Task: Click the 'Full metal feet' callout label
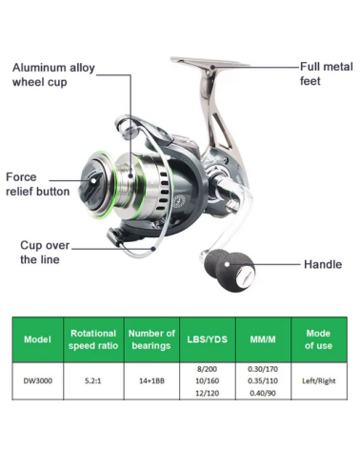327,73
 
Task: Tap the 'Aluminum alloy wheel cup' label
53,74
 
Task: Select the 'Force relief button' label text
38,184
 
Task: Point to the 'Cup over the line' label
45,253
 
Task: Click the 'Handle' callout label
323,264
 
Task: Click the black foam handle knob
230,270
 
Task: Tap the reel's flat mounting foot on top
210,63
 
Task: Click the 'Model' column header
37,339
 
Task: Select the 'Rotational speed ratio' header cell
93,339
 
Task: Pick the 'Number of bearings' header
151,339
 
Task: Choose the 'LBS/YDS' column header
208,339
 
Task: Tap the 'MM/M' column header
263,339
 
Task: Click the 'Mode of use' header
318,339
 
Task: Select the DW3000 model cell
38,380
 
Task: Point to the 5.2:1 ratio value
93,380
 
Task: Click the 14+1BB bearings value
151,380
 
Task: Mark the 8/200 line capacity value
207,369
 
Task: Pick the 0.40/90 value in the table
263,393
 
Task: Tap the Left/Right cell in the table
319,380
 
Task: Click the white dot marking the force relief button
93,181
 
